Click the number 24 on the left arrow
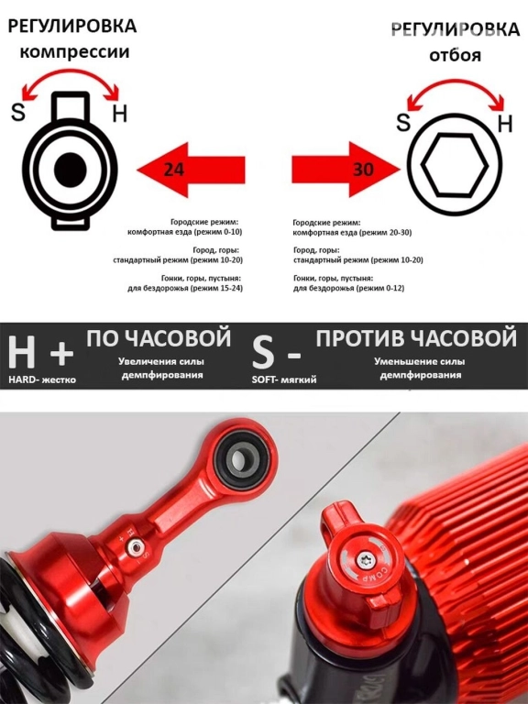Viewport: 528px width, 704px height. pos(174,170)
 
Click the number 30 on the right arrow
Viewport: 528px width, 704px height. pos(363,170)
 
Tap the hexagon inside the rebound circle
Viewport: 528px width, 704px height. pos(456,165)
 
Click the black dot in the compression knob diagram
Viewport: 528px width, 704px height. pos(70,170)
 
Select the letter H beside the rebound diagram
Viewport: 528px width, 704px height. pos(506,123)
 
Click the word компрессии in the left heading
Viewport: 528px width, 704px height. pos(74,52)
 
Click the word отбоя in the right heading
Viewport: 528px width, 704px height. pos(456,55)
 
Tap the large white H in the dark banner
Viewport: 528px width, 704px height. pos(22,353)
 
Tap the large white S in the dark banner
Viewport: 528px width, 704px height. pos(263,353)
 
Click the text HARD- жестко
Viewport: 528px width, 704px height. pos(42,379)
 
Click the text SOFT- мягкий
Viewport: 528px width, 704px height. pos(284,379)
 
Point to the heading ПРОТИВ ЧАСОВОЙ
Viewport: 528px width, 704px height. pos(417,338)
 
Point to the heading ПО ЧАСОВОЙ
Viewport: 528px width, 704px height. pos(159,338)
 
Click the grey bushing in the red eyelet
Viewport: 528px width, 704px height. pos(242,459)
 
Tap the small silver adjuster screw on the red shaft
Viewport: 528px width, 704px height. pos(135,546)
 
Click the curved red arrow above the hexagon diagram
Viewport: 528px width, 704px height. pos(456,82)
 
